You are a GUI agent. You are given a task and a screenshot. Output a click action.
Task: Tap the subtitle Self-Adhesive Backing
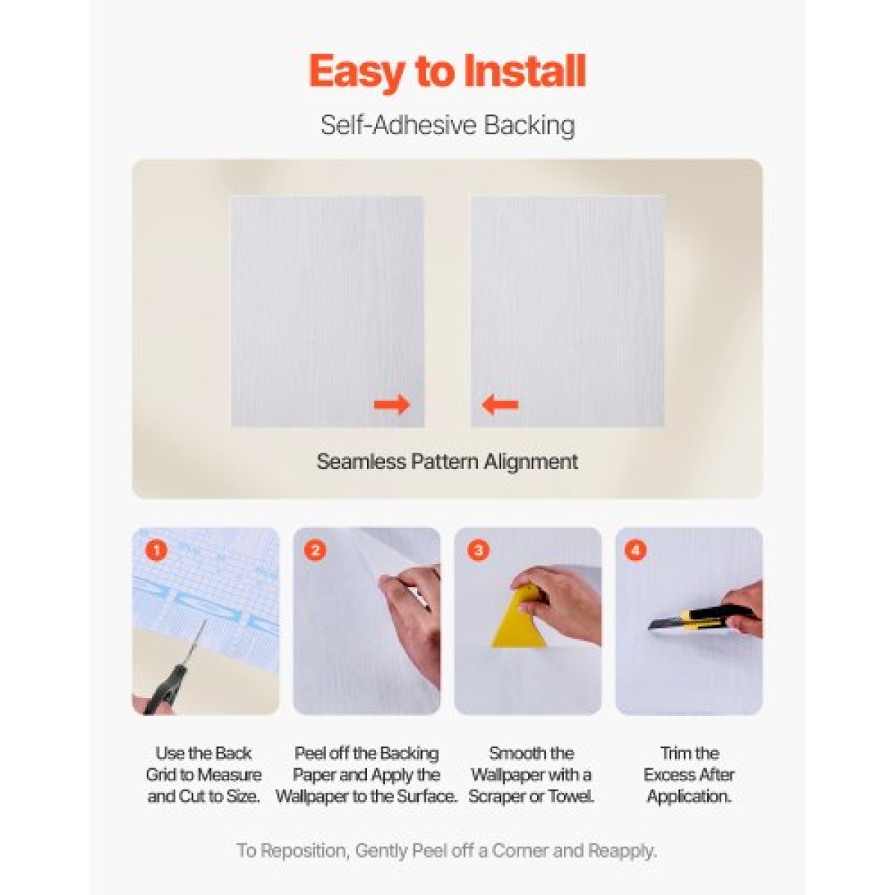447,125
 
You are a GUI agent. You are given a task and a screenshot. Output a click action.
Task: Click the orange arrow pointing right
392,404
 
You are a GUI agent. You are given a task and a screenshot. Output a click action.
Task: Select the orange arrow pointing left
500,404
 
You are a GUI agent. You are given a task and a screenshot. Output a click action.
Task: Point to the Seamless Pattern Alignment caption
447,462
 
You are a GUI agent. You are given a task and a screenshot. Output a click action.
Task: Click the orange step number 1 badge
156,551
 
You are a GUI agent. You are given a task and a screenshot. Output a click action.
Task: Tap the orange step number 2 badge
315,551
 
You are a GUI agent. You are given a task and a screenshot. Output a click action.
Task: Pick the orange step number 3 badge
478,551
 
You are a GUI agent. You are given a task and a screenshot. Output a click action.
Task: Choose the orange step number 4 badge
636,551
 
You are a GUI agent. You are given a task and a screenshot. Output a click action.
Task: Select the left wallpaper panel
327,311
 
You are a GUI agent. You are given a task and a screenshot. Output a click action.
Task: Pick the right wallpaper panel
567,311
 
